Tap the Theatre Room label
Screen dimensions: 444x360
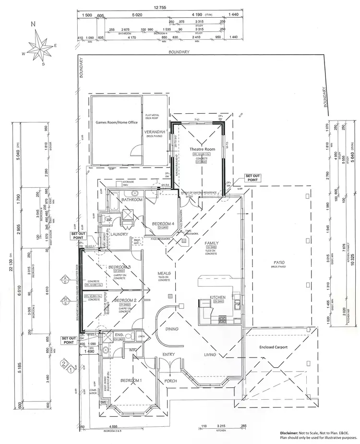pyautogui.click(x=203, y=150)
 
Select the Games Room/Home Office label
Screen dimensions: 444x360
pyautogui.click(x=116, y=122)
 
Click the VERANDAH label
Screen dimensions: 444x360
pyautogui.click(x=157, y=132)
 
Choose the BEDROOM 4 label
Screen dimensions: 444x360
pyautogui.click(x=163, y=224)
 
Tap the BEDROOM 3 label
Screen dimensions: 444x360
pyautogui.click(x=120, y=267)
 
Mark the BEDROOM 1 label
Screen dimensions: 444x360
pyautogui.click(x=132, y=380)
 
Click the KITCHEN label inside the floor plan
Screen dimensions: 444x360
pyautogui.click(x=217, y=297)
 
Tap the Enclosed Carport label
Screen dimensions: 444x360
pyautogui.click(x=273, y=347)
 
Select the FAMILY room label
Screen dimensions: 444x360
pyautogui.click(x=211, y=243)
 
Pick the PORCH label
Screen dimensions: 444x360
pyautogui.click(x=170, y=381)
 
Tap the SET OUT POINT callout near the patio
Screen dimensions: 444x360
pyautogui.click(x=252, y=178)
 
